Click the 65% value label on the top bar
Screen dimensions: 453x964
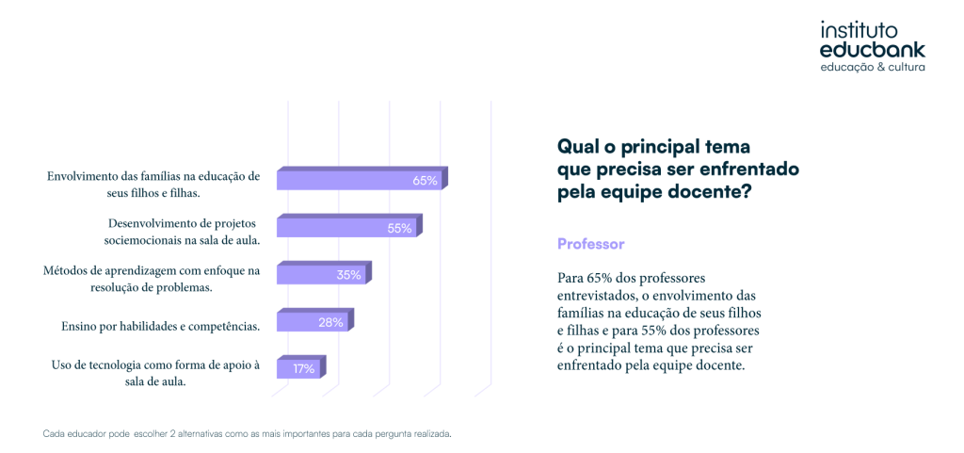click(x=425, y=181)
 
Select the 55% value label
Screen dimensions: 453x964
click(x=399, y=228)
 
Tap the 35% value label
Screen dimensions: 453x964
click(x=348, y=275)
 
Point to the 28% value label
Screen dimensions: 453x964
click(x=329, y=322)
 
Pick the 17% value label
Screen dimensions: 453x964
click(x=303, y=369)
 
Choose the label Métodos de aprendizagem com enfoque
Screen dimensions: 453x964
click(x=152, y=279)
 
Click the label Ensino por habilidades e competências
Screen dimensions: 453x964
click(x=159, y=326)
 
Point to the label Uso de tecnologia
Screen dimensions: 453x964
click(x=155, y=373)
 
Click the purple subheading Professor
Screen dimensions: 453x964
click(x=591, y=244)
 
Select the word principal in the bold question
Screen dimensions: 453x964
click(x=655, y=147)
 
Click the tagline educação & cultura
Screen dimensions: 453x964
click(x=873, y=69)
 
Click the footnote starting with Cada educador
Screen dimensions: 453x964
click(x=248, y=434)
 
